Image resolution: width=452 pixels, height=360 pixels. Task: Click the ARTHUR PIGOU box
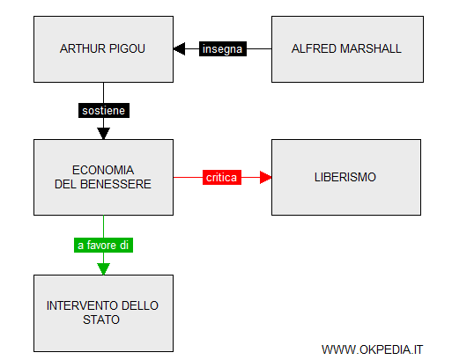pos(103,49)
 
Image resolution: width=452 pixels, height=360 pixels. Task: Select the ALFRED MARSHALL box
pos(347,49)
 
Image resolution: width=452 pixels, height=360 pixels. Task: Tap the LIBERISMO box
pos(346,177)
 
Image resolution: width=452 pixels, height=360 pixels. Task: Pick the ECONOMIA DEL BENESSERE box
pos(103,177)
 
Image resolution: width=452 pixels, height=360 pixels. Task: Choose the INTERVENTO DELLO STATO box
pos(103,313)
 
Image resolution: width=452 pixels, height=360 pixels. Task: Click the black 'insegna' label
pos(223,48)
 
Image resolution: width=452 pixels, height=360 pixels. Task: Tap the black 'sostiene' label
pos(104,110)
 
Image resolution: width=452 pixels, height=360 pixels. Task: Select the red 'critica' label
pos(222,177)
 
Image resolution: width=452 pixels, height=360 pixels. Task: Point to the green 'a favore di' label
pos(103,245)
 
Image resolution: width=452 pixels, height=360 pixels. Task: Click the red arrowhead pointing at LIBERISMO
pos(265,177)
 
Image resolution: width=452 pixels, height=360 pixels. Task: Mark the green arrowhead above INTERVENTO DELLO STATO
pos(103,269)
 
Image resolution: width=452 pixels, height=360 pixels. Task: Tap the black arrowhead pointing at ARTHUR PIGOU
pos(179,48)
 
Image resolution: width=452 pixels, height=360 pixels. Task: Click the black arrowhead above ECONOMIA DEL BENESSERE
pos(103,134)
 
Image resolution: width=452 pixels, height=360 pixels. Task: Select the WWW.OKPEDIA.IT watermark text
pos(372,349)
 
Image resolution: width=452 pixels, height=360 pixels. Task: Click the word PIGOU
pos(128,48)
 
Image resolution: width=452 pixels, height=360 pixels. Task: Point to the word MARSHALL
pos(371,48)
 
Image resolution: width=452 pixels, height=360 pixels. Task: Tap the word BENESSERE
pos(115,184)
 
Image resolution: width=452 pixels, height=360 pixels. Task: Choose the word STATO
pos(101,320)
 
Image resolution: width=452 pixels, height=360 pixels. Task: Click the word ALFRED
pos(315,48)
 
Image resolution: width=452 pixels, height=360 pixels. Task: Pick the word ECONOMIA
pos(103,170)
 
